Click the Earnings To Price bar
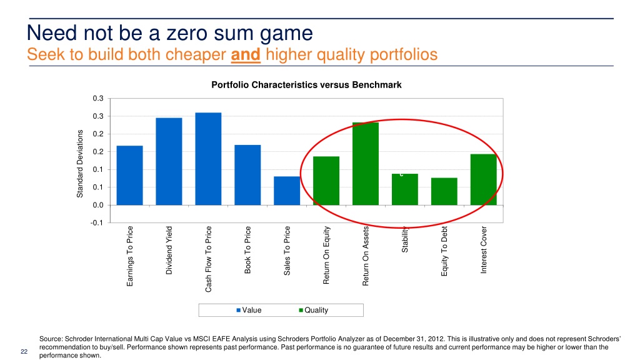tap(129, 175)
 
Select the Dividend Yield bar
tap(169, 161)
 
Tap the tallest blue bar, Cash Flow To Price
tap(208, 159)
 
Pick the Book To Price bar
tap(247, 175)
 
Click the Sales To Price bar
tap(287, 191)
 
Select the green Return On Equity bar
tap(326, 181)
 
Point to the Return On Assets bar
tap(366, 164)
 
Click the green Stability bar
tap(405, 189)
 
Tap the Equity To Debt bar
tap(444, 191)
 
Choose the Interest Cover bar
tap(483, 179)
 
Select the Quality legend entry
tap(313, 310)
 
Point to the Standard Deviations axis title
tap(80, 163)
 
